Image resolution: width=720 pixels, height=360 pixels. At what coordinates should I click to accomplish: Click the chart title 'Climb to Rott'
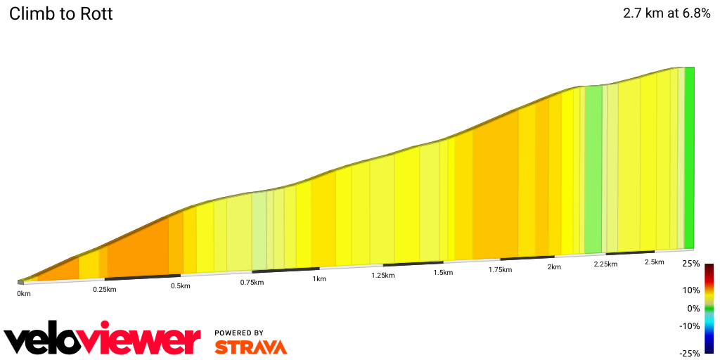click(61, 14)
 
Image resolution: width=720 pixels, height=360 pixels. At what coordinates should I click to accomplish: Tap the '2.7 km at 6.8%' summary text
click(667, 13)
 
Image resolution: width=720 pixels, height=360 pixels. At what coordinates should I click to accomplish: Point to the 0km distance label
click(25, 293)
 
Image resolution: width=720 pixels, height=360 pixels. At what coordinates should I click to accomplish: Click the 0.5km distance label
click(181, 286)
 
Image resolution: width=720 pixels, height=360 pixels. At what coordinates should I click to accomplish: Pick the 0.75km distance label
click(252, 283)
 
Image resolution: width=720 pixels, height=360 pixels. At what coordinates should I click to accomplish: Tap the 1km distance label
click(319, 279)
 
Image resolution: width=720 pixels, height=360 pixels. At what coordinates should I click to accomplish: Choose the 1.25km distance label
click(383, 276)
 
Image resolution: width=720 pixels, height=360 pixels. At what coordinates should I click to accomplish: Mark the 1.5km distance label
click(443, 273)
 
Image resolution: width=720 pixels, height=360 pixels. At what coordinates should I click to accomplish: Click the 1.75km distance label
click(500, 270)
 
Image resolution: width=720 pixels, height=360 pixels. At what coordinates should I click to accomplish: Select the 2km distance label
click(554, 267)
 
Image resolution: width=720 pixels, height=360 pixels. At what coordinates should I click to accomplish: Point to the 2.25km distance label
click(605, 264)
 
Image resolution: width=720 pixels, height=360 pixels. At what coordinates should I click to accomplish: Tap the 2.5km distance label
click(654, 262)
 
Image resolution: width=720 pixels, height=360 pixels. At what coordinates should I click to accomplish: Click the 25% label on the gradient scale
click(691, 264)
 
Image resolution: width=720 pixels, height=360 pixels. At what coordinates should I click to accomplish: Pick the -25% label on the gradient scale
click(690, 353)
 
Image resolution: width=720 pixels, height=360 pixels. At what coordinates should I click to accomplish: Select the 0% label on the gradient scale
click(693, 308)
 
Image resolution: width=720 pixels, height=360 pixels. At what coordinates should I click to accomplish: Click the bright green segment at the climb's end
click(690, 158)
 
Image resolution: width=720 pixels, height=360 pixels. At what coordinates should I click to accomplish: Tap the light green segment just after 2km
click(593, 169)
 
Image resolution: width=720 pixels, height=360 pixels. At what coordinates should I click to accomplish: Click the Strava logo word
click(250, 347)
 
